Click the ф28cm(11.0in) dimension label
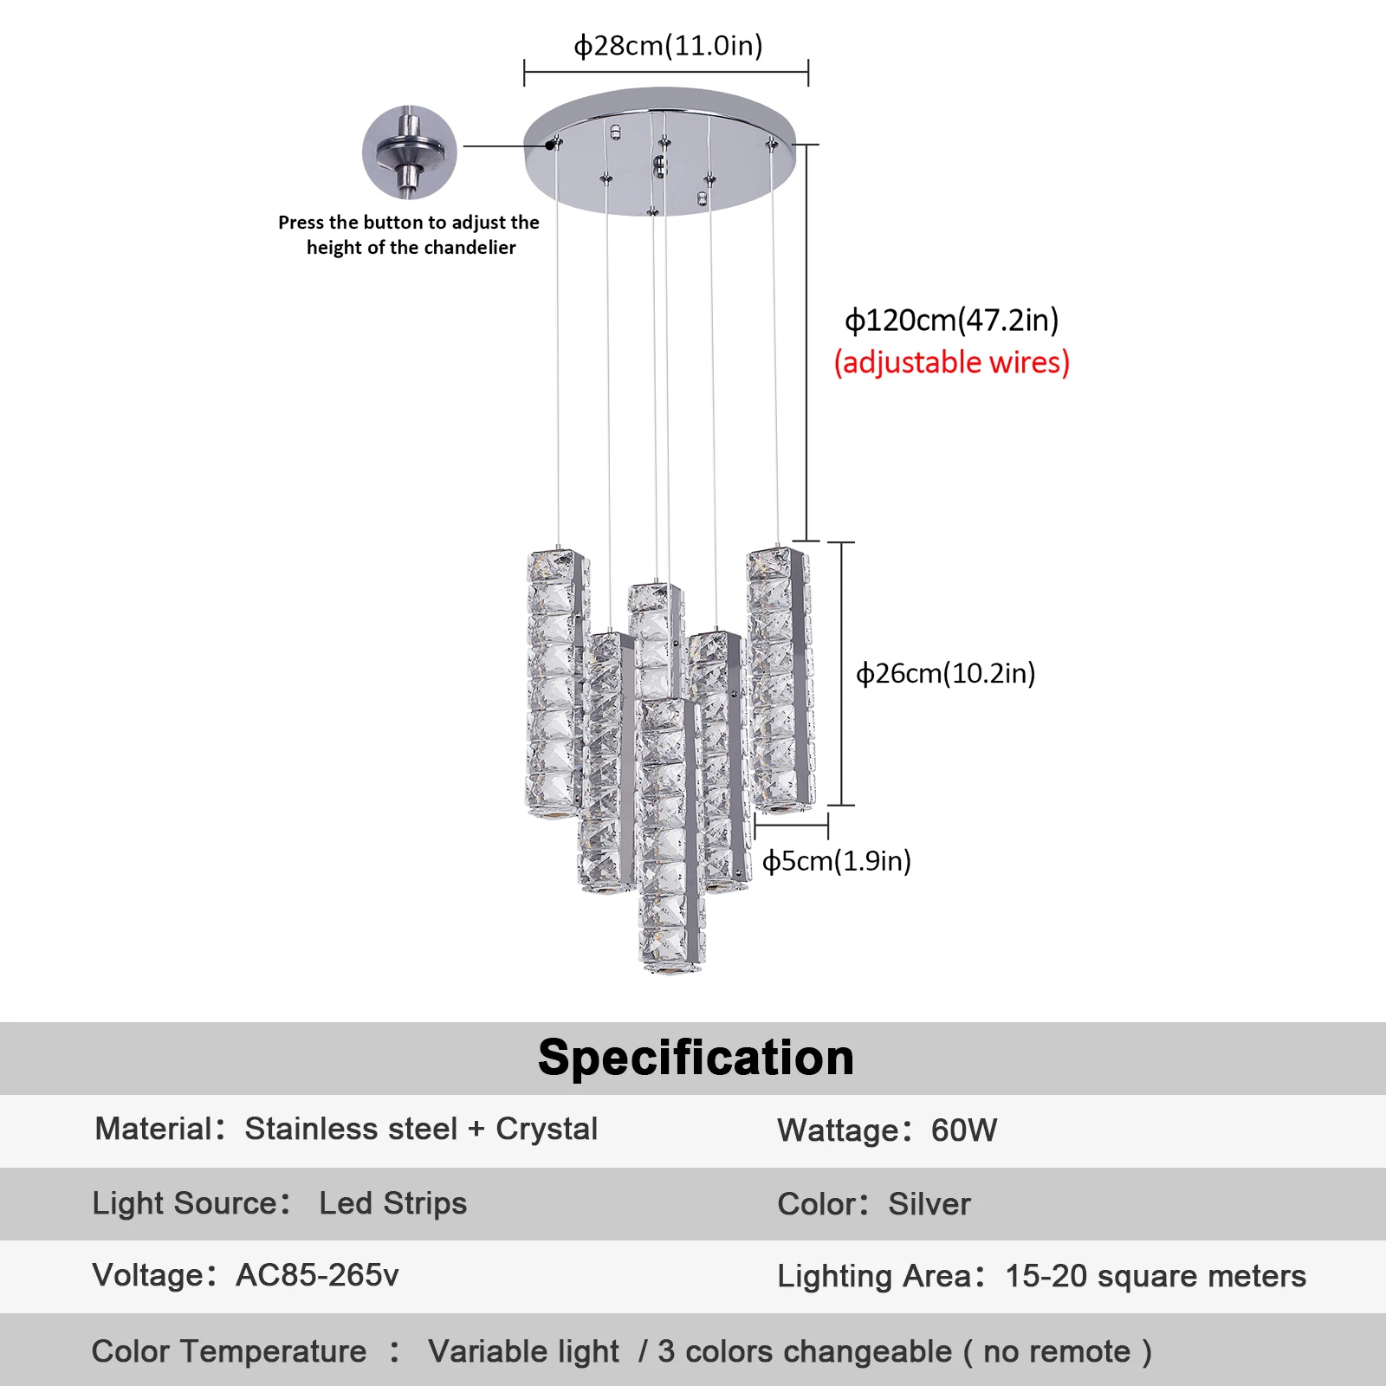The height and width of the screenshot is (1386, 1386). pyautogui.click(x=668, y=45)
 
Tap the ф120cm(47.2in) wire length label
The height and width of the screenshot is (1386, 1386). pyautogui.click(x=951, y=321)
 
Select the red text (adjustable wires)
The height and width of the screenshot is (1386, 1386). pyautogui.click(x=951, y=362)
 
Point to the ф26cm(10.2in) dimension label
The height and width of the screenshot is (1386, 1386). pyautogui.click(x=945, y=673)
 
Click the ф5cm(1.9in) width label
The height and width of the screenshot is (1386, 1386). pyautogui.click(x=836, y=861)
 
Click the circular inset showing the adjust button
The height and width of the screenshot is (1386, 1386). pyautogui.click(x=409, y=152)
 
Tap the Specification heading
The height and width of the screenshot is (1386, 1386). pyautogui.click(x=696, y=1058)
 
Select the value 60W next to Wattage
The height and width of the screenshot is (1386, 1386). pyautogui.click(x=964, y=1130)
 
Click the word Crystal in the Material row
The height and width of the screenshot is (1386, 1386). pyautogui.click(x=547, y=1129)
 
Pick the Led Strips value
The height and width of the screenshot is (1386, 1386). pyautogui.click(x=392, y=1203)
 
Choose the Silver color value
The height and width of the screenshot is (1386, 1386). pyautogui.click(x=929, y=1204)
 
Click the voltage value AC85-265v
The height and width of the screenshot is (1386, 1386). pyautogui.click(x=317, y=1275)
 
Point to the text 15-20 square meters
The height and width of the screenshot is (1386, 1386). pyautogui.click(x=1155, y=1276)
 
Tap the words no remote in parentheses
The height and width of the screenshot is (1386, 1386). pyautogui.click(x=1057, y=1351)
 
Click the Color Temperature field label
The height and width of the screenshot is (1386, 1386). pyautogui.click(x=229, y=1351)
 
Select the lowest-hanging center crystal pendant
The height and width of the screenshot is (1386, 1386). pyautogui.click(x=670, y=836)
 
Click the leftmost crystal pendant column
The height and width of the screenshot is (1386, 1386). pyautogui.click(x=554, y=684)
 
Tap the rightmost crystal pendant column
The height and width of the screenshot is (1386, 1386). pyautogui.click(x=779, y=680)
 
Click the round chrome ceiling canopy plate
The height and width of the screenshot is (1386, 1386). pyautogui.click(x=658, y=152)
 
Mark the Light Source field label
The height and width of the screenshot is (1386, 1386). pyautogui.click(x=191, y=1203)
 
